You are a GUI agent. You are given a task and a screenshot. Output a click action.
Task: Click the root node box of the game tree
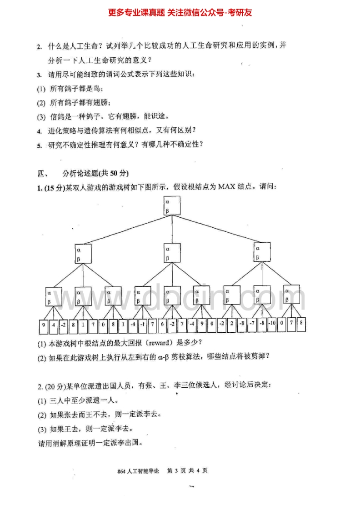point(172,205)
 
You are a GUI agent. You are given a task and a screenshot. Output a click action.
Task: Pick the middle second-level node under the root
point(172,253)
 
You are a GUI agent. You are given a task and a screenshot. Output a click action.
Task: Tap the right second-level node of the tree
point(262,253)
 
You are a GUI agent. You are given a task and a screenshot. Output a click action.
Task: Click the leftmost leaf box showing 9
point(44,325)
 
